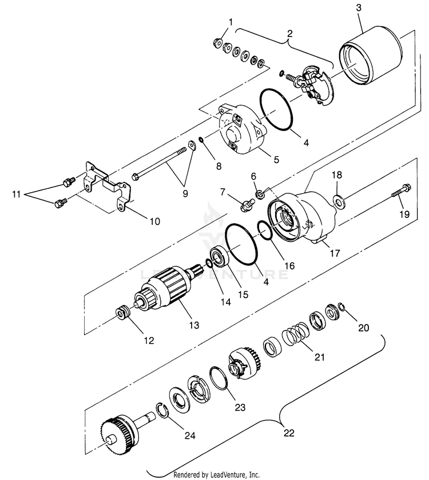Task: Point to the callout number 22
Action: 289,433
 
